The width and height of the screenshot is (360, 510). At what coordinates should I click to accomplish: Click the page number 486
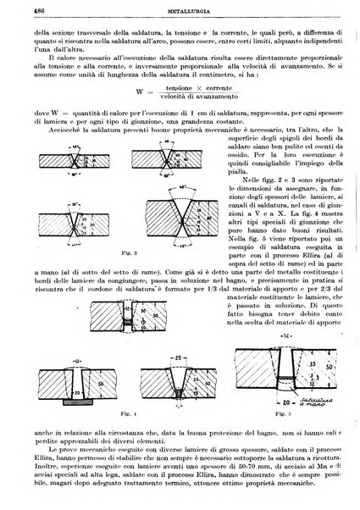[x=15, y=8]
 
